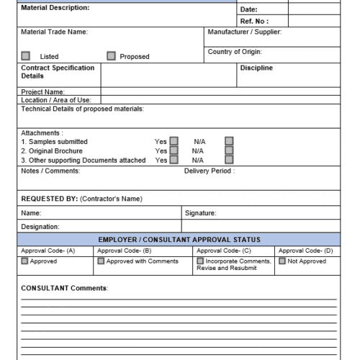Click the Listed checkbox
26,56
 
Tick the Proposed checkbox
111,56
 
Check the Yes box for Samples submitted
174,142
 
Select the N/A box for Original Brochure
229,151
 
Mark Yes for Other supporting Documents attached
174,161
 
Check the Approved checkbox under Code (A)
25,261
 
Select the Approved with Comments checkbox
101,261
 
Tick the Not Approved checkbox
282,261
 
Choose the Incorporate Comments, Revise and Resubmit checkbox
200,261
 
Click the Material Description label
55,8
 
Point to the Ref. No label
253,22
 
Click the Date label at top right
248,9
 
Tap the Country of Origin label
234,52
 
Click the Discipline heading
256,68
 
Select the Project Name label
43,92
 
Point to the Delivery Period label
209,171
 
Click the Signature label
200,213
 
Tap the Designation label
40,227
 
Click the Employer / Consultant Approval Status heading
179,239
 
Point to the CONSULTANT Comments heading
64,288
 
